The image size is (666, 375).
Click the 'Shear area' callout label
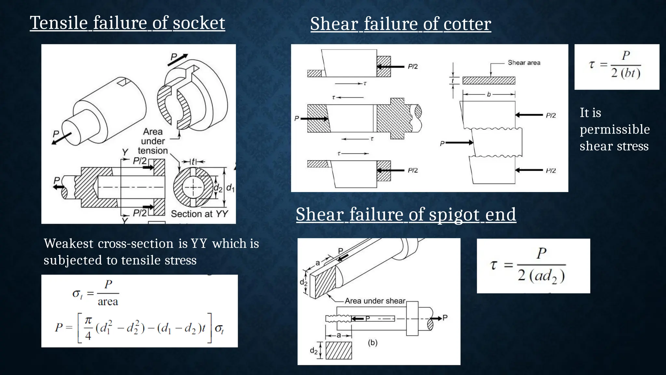tap(524, 63)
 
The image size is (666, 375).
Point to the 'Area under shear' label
tap(375, 301)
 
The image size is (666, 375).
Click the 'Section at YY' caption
tap(199, 214)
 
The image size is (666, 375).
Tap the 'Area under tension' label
tap(153, 141)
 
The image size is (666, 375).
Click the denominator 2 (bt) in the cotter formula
tap(626, 73)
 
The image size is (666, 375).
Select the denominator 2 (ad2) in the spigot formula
tap(541, 276)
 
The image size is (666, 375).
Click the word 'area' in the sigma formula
tap(108, 301)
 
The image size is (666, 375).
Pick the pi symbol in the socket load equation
tap(88, 321)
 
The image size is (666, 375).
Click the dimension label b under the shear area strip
tap(489, 95)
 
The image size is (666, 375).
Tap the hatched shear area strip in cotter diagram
tap(489, 80)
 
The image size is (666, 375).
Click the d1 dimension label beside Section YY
tap(230, 188)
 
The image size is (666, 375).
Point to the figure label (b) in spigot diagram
tap(373, 343)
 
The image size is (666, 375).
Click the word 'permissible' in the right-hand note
tap(615, 129)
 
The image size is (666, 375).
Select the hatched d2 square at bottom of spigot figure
tap(339, 350)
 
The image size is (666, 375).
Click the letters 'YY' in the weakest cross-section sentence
tap(199, 243)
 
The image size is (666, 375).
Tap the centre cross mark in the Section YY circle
tap(193, 187)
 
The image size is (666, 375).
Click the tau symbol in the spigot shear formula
tap(494, 265)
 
